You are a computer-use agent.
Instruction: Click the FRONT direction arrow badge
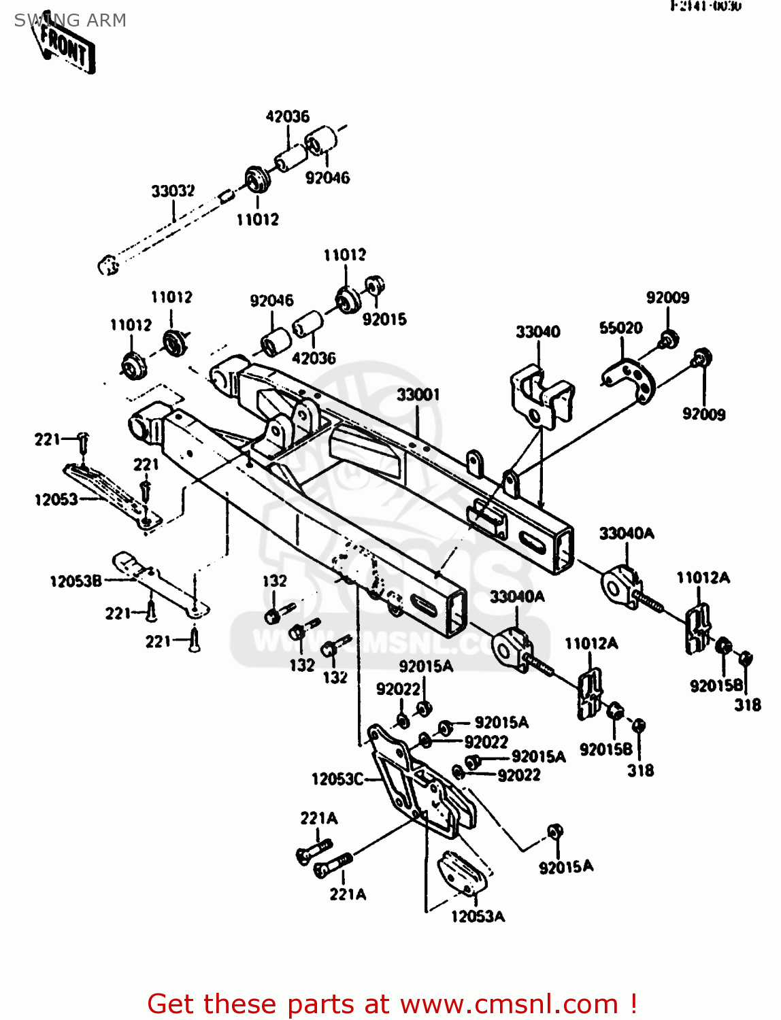(67, 48)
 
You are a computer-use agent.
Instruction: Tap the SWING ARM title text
(70, 20)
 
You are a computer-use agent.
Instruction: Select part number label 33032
(173, 191)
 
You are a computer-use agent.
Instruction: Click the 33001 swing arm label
(418, 394)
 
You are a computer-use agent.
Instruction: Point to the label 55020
(620, 328)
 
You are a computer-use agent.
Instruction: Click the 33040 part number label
(537, 332)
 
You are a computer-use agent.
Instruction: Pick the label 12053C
(337, 779)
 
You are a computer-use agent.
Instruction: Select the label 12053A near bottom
(478, 917)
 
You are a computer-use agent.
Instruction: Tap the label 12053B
(76, 581)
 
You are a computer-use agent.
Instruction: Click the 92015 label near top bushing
(384, 319)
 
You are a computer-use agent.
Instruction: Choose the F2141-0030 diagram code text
(705, 7)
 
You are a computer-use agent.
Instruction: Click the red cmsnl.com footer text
(392, 1004)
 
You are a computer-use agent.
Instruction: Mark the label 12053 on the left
(56, 500)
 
